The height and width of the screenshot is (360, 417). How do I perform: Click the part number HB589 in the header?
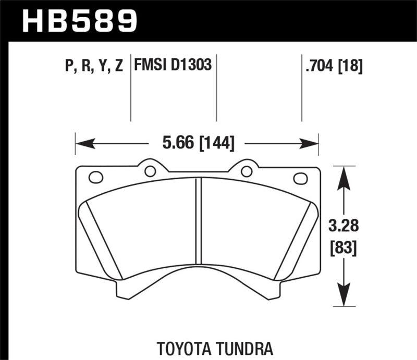pos(79,21)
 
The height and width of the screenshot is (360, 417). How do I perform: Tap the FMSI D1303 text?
pos(173,66)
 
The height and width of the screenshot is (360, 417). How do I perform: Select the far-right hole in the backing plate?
pos(300,178)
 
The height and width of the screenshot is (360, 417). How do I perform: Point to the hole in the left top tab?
pos(150,170)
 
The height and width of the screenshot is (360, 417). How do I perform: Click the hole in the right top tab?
pos(246,170)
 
